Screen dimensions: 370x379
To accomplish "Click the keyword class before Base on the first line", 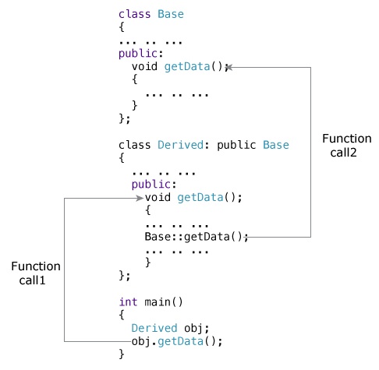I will (134, 14).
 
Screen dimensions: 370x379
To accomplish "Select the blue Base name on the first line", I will (171, 14).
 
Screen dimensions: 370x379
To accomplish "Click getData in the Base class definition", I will (187, 67).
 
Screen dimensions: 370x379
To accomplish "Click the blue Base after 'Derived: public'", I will (276, 146).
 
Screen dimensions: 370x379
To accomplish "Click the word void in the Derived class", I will (158, 198).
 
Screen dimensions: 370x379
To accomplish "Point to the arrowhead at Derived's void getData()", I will (140, 198).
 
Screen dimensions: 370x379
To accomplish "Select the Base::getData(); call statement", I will (196, 237).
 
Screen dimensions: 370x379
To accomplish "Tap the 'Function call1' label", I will (36, 273).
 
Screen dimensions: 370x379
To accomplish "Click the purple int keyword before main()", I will (128, 302).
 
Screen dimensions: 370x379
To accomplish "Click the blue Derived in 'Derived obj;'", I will (154, 328).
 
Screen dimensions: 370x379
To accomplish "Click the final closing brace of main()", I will (122, 354).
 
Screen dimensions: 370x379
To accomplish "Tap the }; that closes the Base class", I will (125, 119).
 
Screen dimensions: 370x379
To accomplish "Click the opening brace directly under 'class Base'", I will (122, 27).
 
